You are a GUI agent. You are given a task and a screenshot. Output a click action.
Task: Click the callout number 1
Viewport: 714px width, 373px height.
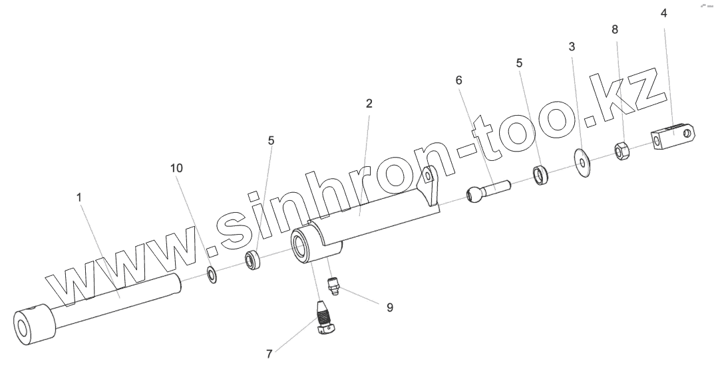79,198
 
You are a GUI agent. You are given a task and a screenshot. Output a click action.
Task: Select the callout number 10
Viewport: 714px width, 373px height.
176,169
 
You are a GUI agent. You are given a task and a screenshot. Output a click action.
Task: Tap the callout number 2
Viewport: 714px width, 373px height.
369,104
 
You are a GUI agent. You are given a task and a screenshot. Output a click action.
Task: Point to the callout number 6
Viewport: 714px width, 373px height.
458,80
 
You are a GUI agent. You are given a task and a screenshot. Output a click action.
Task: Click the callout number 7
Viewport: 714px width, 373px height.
269,354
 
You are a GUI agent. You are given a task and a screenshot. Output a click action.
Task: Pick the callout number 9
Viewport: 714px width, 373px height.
390,307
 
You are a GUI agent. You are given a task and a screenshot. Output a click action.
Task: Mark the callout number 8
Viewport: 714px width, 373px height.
614,29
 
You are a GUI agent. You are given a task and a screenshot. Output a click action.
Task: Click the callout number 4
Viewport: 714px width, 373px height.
663,13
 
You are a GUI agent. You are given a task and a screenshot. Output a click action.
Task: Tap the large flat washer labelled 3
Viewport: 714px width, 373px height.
584,163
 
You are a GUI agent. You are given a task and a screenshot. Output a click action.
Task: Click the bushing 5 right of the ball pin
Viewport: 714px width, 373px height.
540,176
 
